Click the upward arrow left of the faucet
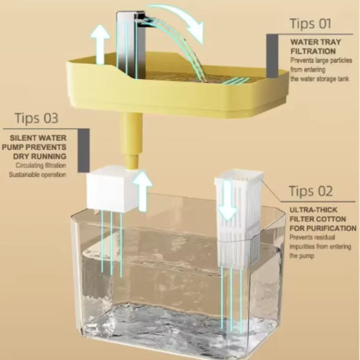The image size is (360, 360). (99, 44)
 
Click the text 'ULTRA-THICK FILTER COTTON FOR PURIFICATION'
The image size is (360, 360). (322, 219)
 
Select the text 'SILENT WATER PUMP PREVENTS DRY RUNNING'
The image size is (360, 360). (38, 145)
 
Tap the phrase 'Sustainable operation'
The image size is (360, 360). (37, 175)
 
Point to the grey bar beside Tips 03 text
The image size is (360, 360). (82, 145)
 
